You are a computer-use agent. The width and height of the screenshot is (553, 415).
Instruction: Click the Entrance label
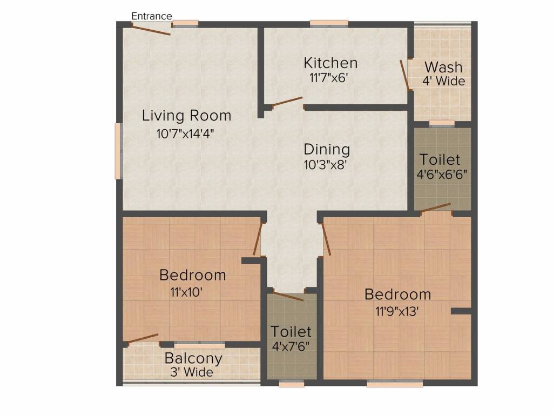[152, 16]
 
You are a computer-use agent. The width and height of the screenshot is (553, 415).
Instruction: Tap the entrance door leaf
[152, 30]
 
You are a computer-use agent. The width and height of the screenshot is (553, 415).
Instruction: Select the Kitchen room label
[330, 63]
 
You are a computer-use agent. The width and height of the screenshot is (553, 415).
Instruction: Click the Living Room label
[186, 115]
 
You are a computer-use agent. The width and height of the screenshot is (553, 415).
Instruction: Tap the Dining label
[326, 149]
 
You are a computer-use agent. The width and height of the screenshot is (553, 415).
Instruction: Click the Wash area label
[443, 68]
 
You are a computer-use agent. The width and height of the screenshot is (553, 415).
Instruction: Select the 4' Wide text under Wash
[443, 82]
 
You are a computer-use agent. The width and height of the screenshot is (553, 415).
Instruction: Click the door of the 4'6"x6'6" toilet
[435, 207]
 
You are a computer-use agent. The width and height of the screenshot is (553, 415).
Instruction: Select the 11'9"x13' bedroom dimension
[397, 312]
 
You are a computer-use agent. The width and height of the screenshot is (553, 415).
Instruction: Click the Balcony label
[193, 358]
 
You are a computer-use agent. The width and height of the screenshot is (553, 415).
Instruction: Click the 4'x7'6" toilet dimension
[291, 345]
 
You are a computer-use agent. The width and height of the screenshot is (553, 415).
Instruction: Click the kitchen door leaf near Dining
[287, 102]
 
